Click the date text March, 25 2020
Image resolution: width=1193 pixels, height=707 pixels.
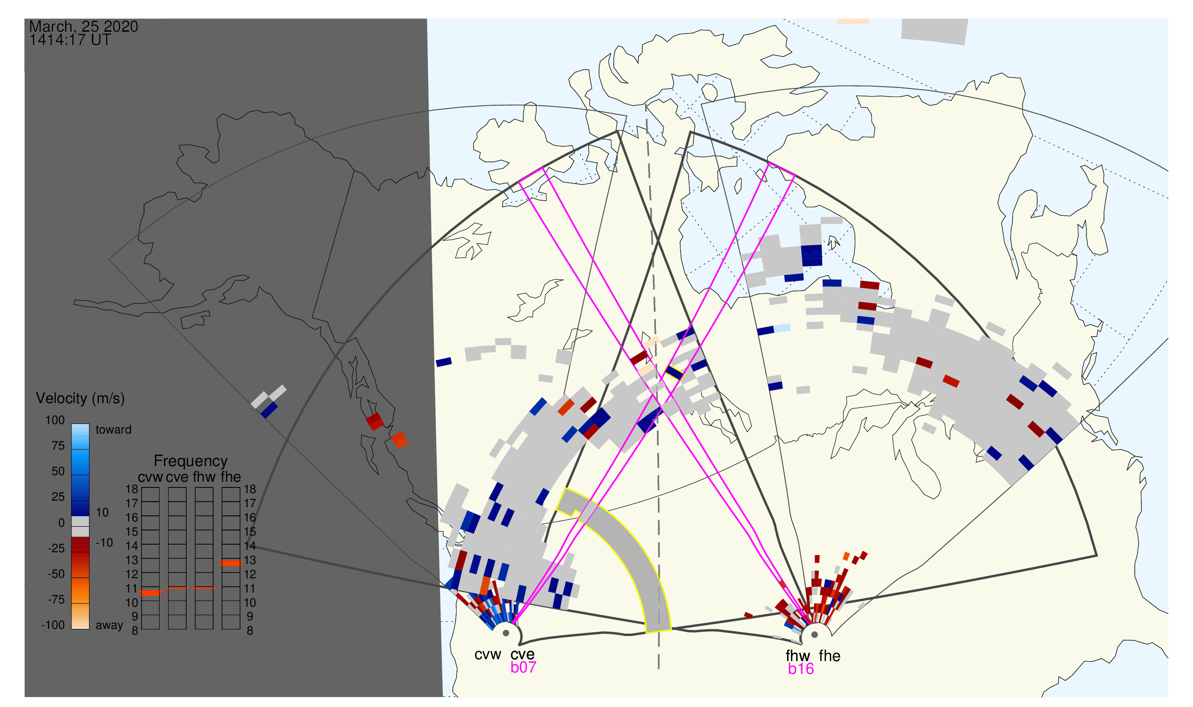click(83, 27)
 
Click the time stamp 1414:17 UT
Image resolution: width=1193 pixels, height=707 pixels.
click(70, 40)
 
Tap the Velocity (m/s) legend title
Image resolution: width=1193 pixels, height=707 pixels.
click(81, 399)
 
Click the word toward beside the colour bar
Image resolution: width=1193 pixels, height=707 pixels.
click(114, 430)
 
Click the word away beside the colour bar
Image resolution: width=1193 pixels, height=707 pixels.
click(109, 626)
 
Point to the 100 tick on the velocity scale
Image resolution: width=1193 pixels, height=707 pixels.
click(55, 420)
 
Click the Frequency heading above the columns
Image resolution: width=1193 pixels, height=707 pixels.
click(191, 461)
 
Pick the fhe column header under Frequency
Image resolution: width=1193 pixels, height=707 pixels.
click(231, 477)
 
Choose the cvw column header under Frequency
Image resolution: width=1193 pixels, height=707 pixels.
click(151, 477)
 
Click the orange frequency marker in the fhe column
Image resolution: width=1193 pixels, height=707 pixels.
click(231, 564)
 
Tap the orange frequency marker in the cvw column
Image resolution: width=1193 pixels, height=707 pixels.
click(151, 593)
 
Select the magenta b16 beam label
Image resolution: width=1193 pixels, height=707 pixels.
click(801, 669)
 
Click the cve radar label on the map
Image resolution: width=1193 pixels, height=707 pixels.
click(522, 655)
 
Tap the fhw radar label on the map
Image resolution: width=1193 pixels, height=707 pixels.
click(798, 656)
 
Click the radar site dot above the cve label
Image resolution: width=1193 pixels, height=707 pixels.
click(506, 634)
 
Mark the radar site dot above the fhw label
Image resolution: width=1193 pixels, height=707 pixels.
click(815, 635)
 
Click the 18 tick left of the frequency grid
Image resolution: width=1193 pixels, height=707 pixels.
click(132, 489)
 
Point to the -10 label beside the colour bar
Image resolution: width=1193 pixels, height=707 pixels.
click(104, 543)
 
